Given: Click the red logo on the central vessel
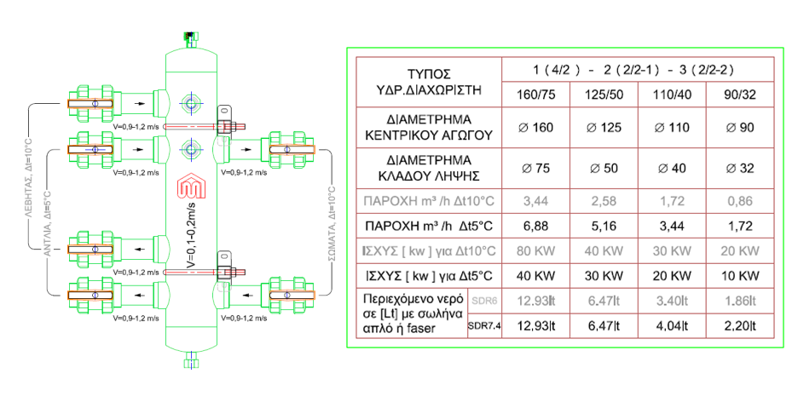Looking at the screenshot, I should (x=188, y=187).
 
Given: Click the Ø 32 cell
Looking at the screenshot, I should (x=738, y=168).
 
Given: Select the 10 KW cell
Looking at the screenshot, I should (x=738, y=276).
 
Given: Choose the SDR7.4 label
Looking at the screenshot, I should (x=484, y=325).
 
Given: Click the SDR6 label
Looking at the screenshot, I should (x=484, y=302).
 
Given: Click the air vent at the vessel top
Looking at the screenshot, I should (x=188, y=38).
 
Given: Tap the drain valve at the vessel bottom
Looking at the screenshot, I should (x=188, y=360).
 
